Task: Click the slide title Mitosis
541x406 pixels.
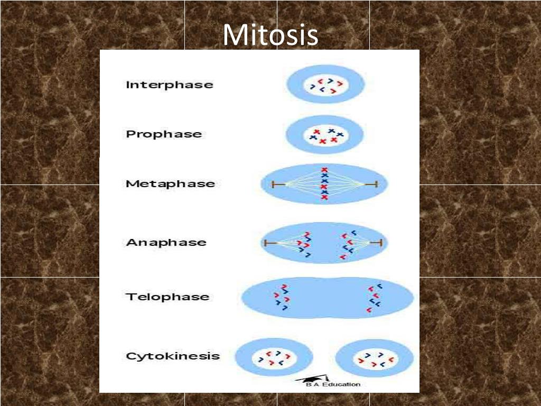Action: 270,35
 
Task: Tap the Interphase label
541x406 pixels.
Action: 169,85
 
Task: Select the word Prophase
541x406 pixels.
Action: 164,134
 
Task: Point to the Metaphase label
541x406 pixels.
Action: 170,184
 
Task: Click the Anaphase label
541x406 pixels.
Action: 166,243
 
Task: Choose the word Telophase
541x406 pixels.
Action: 167,297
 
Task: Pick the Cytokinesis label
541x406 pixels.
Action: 172,356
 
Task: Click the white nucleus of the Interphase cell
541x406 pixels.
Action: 325,86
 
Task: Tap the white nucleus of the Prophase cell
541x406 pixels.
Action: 325,136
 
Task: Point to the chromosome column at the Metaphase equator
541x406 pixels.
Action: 324,184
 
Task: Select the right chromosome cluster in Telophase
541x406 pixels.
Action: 375,298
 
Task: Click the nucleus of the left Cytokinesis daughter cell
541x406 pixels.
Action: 274,358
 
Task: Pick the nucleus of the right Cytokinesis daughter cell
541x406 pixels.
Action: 376,359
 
